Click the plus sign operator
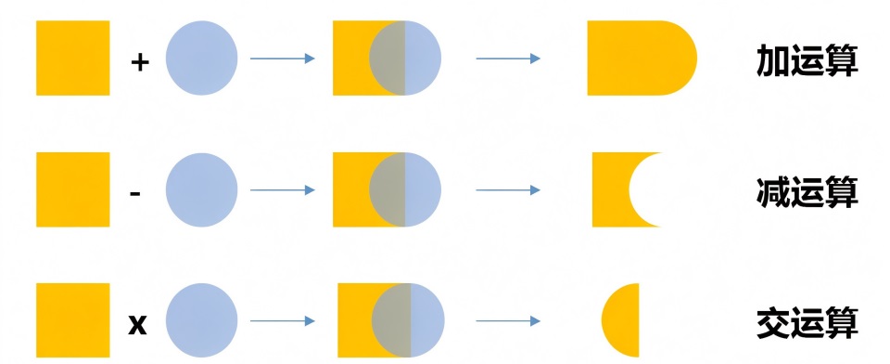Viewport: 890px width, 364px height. [140, 62]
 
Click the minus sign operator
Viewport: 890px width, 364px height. [135, 194]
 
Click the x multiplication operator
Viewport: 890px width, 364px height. [137, 325]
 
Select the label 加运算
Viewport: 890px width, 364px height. [807, 61]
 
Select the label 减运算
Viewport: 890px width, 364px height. [807, 192]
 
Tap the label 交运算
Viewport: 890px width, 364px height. [807, 323]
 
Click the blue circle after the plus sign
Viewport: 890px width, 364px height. [201, 58]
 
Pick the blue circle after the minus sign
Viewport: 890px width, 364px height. [201, 189]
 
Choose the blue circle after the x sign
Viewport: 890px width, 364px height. [201, 320]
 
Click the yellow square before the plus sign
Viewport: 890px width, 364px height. [72, 58]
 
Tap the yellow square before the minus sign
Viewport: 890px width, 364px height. [72, 189]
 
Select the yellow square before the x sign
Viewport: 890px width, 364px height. [72, 320]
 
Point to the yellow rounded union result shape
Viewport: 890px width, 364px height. [642, 58]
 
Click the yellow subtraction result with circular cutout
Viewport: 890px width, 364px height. [610, 189]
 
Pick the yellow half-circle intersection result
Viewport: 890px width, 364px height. [621, 320]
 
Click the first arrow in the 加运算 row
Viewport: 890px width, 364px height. [282, 58]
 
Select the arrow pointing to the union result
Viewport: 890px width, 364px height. [508, 58]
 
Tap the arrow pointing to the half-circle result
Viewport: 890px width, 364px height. [508, 320]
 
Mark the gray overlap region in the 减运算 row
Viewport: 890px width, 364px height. [388, 189]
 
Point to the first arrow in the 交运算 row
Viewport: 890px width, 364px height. [282, 320]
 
